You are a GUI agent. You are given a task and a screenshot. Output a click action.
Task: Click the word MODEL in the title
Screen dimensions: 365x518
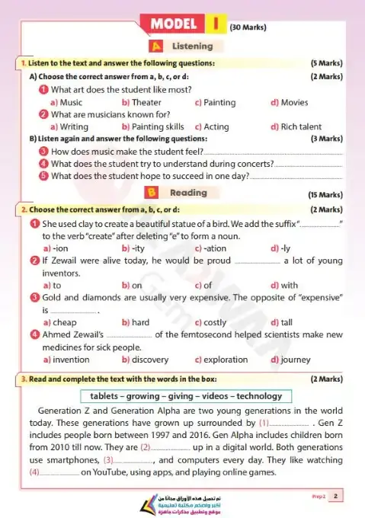174,24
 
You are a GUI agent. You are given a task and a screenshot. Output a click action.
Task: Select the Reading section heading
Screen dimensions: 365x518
187,193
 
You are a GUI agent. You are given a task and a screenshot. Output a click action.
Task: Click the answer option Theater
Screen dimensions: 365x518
146,101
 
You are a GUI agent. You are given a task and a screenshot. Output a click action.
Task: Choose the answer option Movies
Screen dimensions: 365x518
294,101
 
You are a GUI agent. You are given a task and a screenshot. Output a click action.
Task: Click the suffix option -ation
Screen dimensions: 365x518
215,248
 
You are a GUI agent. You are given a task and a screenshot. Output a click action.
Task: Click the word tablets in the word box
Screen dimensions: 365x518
107,396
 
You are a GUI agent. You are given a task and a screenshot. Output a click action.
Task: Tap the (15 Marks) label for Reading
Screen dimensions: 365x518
325,195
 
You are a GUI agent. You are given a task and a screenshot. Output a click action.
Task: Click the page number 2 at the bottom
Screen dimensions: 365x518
336,497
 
